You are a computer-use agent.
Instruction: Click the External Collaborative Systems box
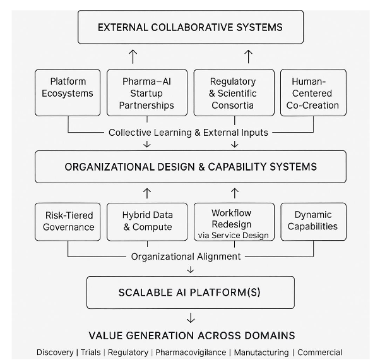click(190, 27)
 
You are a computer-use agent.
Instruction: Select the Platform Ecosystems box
click(68, 92)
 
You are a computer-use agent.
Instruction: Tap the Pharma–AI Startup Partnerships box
click(146, 92)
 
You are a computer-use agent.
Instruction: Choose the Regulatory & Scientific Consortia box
click(234, 92)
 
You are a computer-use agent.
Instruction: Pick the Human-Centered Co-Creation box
click(313, 92)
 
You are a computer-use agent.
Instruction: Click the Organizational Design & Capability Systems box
click(190, 167)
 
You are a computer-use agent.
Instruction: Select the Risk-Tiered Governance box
click(69, 220)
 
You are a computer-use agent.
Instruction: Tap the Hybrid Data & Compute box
click(146, 220)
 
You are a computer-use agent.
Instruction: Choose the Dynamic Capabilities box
click(313, 220)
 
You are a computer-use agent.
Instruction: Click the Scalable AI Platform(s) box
click(190, 293)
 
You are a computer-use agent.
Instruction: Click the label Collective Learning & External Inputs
click(188, 133)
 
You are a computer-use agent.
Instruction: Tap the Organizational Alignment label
click(186, 256)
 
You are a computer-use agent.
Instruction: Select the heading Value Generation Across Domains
click(191, 335)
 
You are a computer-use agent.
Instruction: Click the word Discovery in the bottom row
click(55, 353)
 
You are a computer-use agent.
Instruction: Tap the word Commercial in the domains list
click(319, 353)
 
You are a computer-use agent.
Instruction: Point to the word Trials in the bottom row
click(90, 353)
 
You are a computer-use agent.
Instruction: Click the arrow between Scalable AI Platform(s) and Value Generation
click(191, 317)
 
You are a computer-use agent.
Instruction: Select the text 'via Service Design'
click(234, 235)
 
